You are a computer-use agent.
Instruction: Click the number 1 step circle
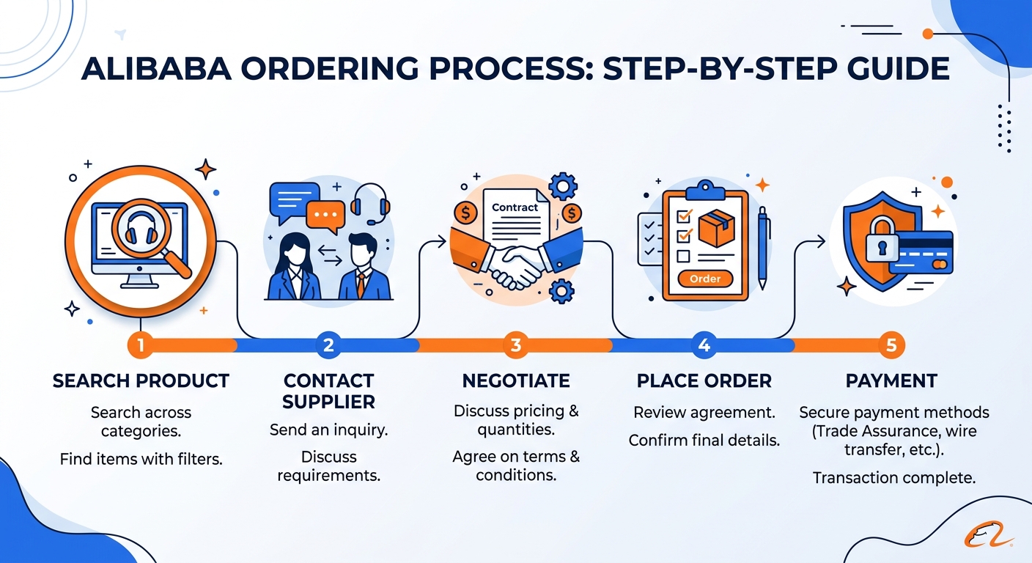point(140,345)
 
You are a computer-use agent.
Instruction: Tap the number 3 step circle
point(515,345)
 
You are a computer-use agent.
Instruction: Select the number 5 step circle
point(891,345)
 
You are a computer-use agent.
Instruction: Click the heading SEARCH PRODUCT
point(141,381)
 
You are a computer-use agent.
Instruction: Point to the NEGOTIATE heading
point(516,381)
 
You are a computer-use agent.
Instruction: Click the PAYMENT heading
point(891,381)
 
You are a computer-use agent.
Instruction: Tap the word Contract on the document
point(515,207)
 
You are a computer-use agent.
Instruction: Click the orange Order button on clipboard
point(705,279)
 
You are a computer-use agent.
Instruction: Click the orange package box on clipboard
point(717,229)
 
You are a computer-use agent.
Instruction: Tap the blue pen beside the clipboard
point(763,246)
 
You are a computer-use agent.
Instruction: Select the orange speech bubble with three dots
point(325,214)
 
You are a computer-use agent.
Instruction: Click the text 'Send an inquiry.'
point(328,430)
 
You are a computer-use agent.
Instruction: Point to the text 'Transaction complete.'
point(893,478)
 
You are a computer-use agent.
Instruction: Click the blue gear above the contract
point(562,185)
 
